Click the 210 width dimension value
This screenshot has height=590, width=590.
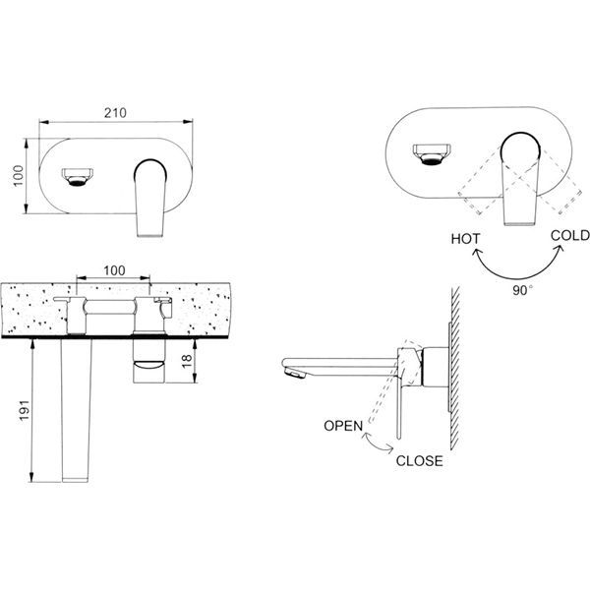115,113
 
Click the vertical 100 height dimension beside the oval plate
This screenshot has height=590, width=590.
18,176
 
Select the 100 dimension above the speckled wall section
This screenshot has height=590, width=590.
114,270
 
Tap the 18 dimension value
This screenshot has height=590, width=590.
187,360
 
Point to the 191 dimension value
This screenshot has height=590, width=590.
24,410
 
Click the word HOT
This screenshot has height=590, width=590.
465,239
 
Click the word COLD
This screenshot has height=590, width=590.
570,236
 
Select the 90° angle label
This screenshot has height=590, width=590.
523,290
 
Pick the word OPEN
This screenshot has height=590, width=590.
343,426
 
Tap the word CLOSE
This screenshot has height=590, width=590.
420,461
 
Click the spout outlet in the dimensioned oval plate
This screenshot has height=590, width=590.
78,177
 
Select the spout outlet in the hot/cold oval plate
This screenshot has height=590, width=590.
432,154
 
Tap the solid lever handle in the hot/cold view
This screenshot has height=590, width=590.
520,179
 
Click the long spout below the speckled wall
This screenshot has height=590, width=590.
77,410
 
